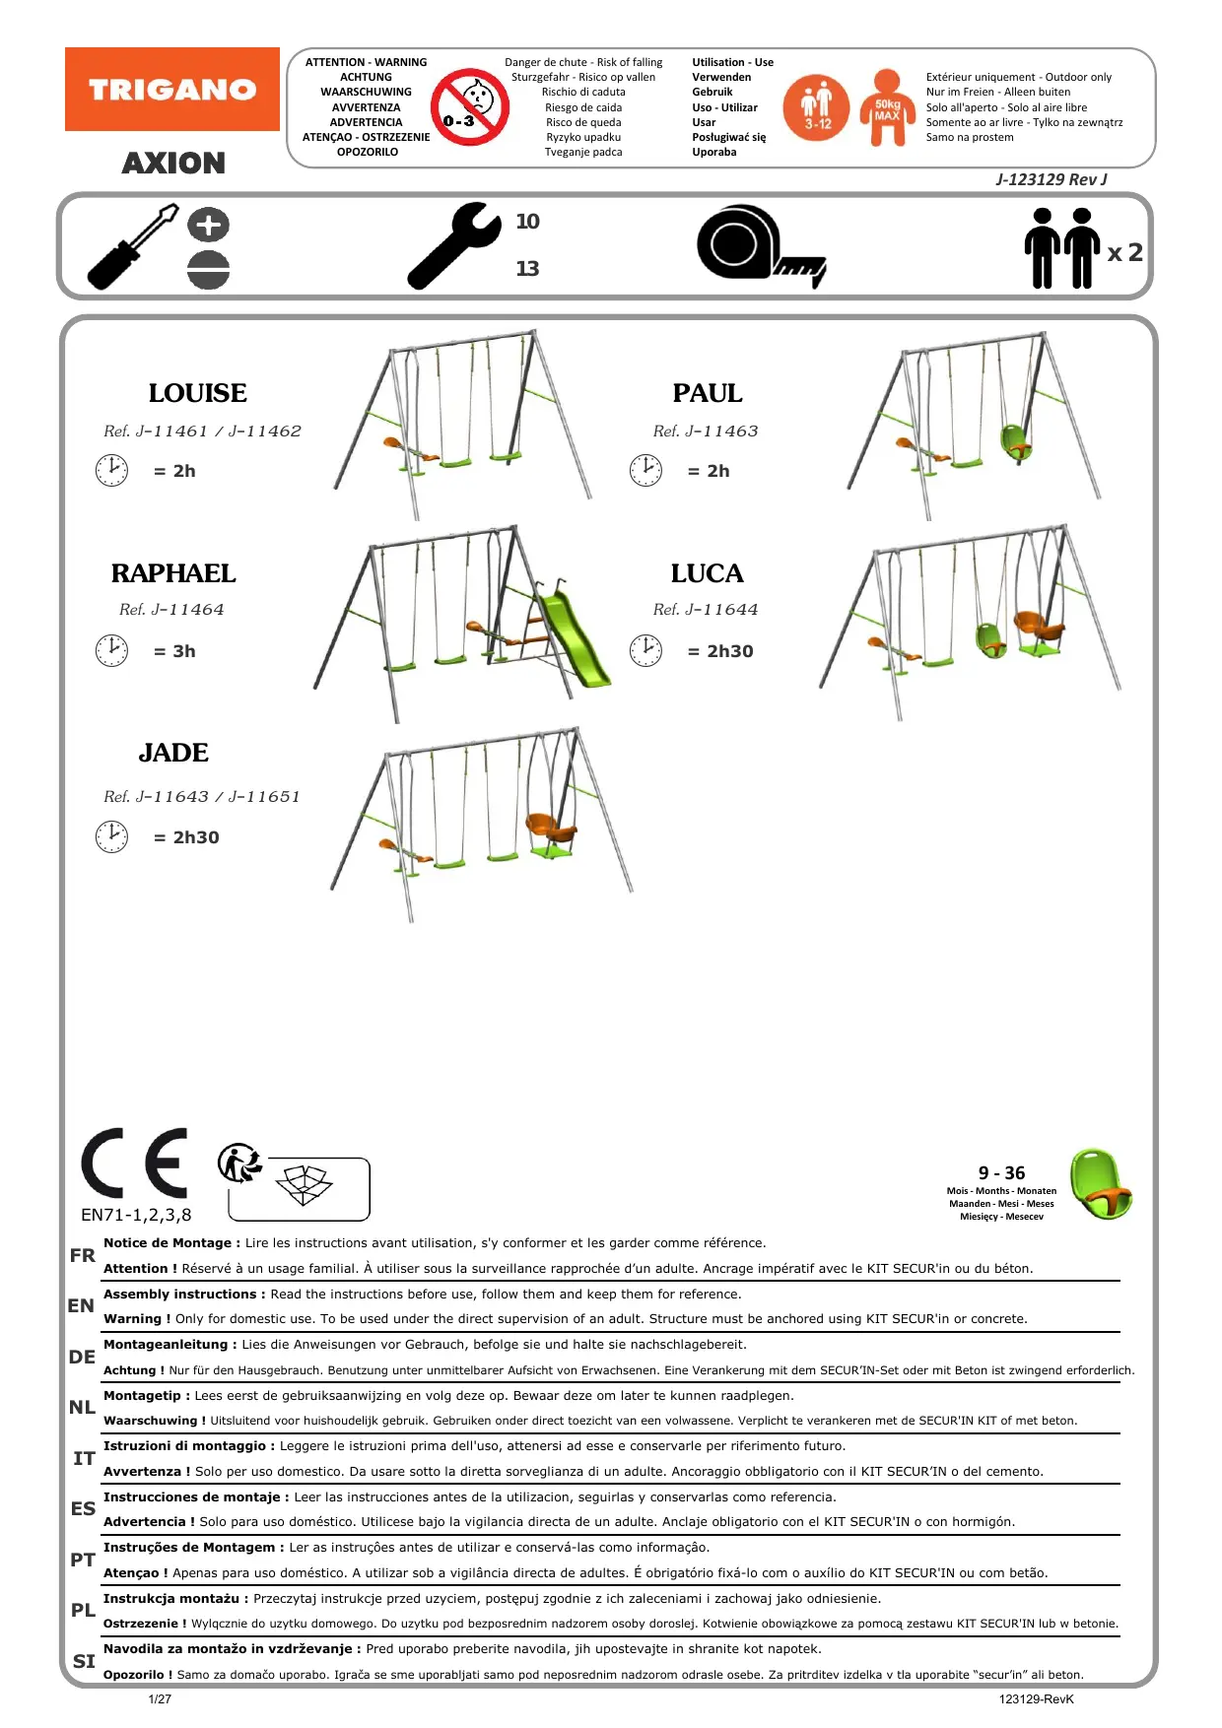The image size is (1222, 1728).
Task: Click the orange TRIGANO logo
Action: click(172, 90)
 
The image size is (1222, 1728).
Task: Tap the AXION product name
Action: click(173, 163)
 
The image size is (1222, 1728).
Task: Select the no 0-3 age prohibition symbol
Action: click(469, 107)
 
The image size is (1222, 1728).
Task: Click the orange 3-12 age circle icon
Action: click(816, 107)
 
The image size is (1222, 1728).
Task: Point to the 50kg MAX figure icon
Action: click(887, 107)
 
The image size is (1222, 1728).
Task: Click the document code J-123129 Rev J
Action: click(1051, 179)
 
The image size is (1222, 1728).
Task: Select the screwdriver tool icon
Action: click(133, 246)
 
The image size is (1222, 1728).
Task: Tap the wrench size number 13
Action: click(527, 268)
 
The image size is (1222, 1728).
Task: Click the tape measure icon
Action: click(759, 246)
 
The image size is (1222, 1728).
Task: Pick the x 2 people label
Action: click(1124, 252)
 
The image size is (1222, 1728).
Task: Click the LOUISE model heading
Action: click(197, 393)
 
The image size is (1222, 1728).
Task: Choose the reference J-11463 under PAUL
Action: click(706, 432)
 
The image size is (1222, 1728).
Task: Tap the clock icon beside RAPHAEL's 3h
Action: click(111, 650)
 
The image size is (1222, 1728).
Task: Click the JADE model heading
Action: click(173, 753)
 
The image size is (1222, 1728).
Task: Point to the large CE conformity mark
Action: click(134, 1163)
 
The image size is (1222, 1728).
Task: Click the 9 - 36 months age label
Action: click(1001, 1172)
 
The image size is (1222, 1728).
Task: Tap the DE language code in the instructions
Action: click(82, 1357)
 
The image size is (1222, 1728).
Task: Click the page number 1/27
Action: click(160, 1698)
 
